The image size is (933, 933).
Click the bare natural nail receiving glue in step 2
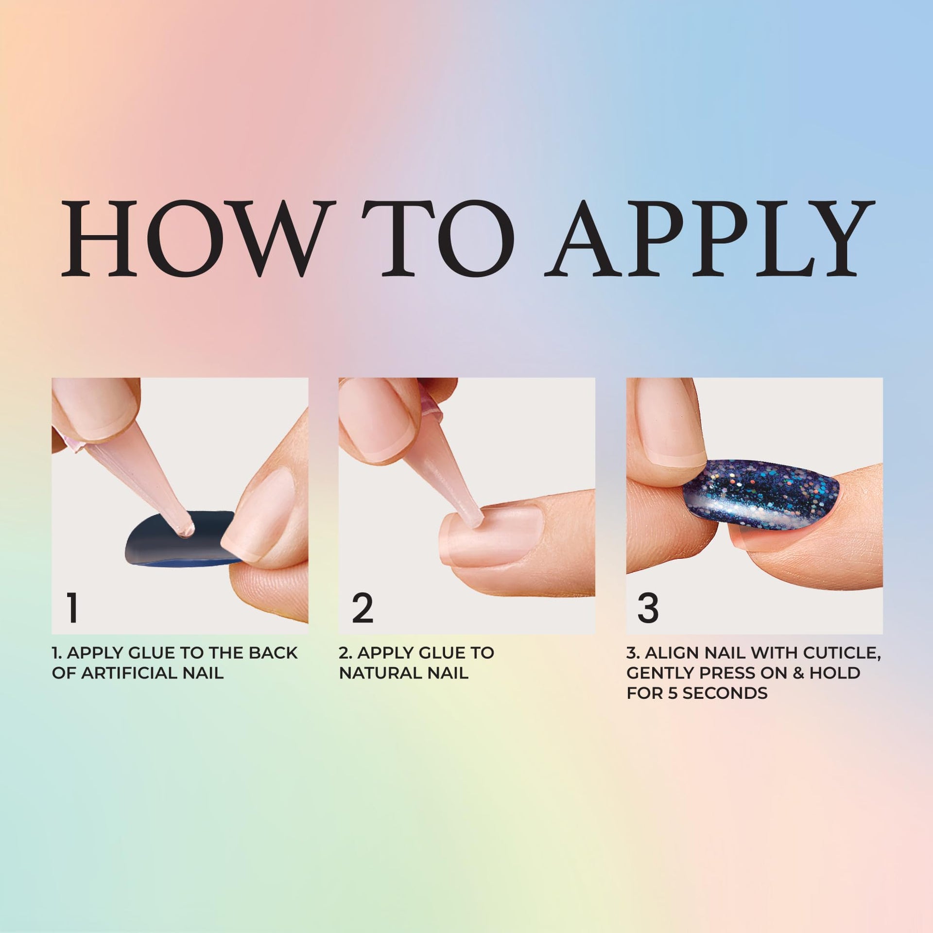491,535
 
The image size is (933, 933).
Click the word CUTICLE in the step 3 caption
837,653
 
